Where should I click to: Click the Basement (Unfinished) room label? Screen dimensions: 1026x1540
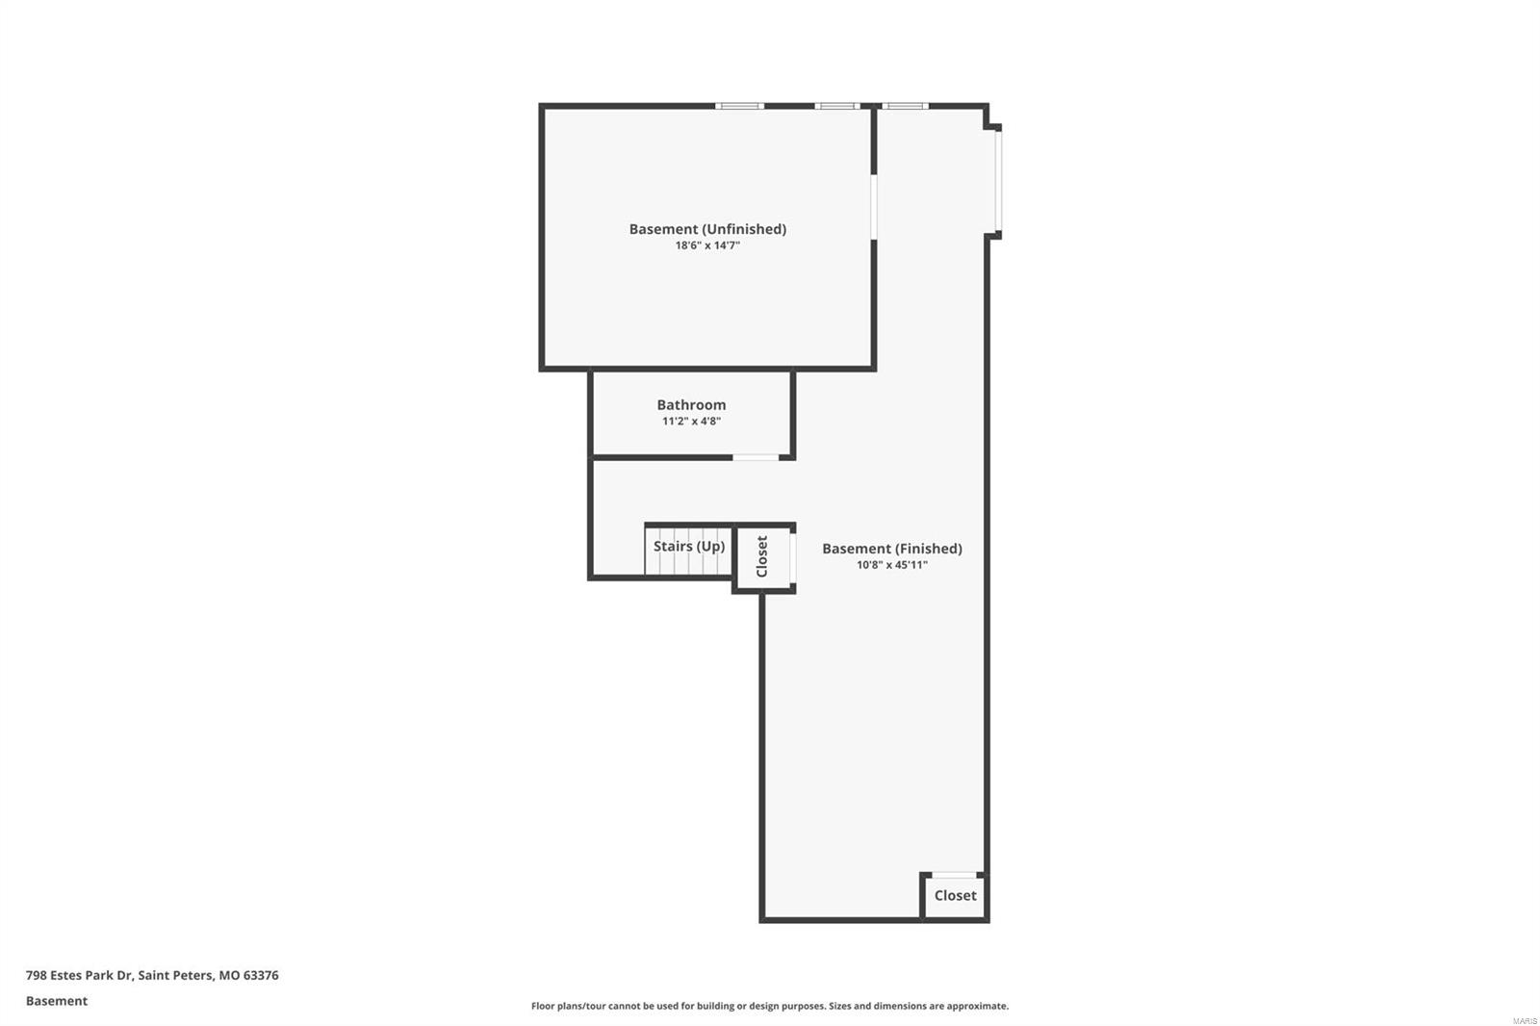707,229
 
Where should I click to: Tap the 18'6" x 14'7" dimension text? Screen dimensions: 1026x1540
707,245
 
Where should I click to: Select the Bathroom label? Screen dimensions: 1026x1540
691,405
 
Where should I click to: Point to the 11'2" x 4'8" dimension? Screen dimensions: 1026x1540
691,422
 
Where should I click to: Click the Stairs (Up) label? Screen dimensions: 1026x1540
689,547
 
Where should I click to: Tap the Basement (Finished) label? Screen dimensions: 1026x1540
891,549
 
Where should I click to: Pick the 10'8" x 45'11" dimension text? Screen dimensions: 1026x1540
891,565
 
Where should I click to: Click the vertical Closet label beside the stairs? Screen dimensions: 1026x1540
762,556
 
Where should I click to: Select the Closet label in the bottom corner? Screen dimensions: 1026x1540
955,895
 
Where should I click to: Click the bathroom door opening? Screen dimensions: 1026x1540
757,457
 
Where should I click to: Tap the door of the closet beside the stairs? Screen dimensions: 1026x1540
793,558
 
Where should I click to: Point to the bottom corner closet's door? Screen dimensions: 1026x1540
954,874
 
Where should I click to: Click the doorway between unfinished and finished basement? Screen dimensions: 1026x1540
874,206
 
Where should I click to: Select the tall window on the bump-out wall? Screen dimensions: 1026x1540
998,181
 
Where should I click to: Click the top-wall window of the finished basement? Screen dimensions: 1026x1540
905,106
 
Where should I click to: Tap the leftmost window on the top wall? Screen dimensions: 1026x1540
739,106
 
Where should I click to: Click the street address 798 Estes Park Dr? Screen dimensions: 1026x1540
79,975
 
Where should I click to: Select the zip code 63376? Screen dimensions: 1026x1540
261,975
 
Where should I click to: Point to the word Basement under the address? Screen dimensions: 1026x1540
57,1001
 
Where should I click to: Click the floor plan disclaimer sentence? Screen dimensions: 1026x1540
770,1006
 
